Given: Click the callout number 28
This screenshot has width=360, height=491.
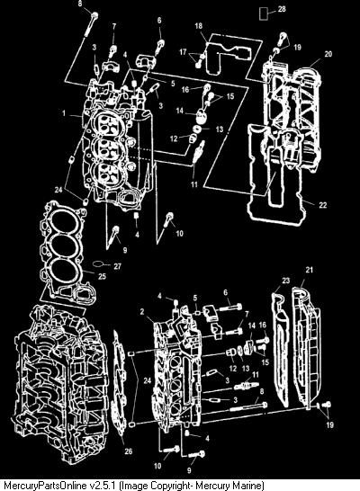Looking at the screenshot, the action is [282, 9].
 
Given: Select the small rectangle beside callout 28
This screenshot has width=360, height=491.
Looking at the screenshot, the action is [264, 14].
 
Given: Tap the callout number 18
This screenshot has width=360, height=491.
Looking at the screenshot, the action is [199, 26].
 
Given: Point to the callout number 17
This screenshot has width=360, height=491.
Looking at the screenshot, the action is [183, 52].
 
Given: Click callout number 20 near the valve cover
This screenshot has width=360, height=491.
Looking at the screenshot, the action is [328, 54].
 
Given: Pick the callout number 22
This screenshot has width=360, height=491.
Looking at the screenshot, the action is [323, 204].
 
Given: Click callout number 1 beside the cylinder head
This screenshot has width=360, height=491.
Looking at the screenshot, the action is [64, 113].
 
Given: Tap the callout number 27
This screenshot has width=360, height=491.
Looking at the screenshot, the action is [117, 266].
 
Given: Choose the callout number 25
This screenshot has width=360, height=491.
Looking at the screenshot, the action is [102, 276].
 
